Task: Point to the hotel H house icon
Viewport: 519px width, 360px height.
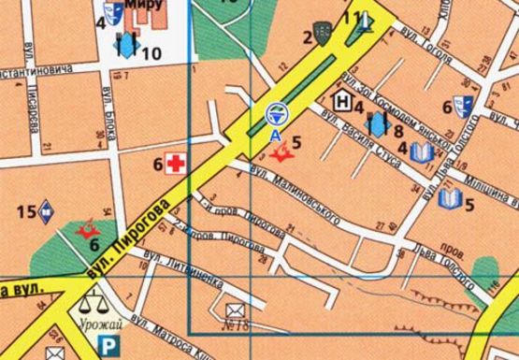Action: (342, 100)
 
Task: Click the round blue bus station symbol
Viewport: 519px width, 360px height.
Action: (275, 114)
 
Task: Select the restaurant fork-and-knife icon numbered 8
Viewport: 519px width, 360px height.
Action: (377, 123)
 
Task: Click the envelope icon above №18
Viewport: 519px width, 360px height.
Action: (234, 308)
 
